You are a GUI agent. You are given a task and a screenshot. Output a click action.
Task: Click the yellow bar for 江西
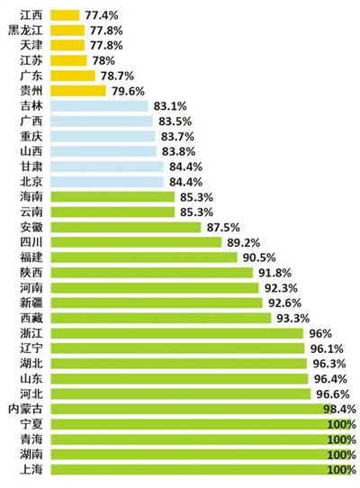click(x=65, y=15)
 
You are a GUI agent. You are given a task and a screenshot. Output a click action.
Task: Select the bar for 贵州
click(x=78, y=91)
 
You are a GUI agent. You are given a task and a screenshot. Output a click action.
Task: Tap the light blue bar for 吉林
click(x=100, y=106)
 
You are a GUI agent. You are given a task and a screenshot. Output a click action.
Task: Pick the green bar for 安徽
click(x=126, y=227)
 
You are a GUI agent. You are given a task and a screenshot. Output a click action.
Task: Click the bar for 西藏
click(x=161, y=318)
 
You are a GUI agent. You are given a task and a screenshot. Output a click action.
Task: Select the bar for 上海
click(x=202, y=470)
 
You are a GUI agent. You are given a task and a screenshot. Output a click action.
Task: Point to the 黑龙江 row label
click(x=25, y=31)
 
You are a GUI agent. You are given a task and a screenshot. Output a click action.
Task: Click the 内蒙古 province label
click(x=25, y=409)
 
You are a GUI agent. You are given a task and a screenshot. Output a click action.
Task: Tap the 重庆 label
click(x=31, y=136)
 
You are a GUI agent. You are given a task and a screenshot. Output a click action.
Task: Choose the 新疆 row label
click(x=31, y=303)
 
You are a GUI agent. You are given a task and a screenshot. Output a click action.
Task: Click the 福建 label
click(x=31, y=258)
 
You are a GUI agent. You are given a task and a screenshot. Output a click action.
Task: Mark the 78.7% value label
click(x=117, y=76)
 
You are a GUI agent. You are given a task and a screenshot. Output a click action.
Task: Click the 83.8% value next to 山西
click(x=178, y=151)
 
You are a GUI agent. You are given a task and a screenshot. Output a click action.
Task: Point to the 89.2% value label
click(x=244, y=242)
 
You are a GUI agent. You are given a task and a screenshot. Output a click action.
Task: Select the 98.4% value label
click(x=339, y=409)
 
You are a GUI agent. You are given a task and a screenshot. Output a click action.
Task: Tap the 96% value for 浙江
click(x=320, y=333)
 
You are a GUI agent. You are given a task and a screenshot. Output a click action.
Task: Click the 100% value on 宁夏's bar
click(x=342, y=424)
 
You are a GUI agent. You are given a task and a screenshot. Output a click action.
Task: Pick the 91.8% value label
click(x=275, y=273)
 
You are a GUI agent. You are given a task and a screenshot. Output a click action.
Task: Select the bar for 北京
click(x=107, y=182)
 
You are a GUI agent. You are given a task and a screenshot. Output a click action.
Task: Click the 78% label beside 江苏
click(x=103, y=60)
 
